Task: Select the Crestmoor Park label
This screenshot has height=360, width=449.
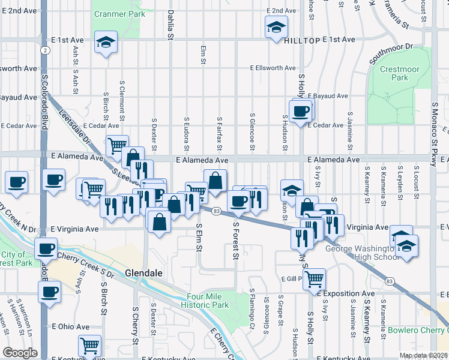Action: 400,74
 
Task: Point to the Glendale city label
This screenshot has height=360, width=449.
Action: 143,272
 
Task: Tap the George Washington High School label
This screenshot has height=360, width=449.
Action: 361,253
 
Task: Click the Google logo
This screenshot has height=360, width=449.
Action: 20,353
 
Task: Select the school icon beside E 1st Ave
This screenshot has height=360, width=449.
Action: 106,42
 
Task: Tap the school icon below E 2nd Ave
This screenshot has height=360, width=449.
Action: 276,26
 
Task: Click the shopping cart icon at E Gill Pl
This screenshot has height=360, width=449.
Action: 314,278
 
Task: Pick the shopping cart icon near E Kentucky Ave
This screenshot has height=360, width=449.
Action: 89,345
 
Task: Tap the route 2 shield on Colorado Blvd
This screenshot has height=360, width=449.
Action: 46,50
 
